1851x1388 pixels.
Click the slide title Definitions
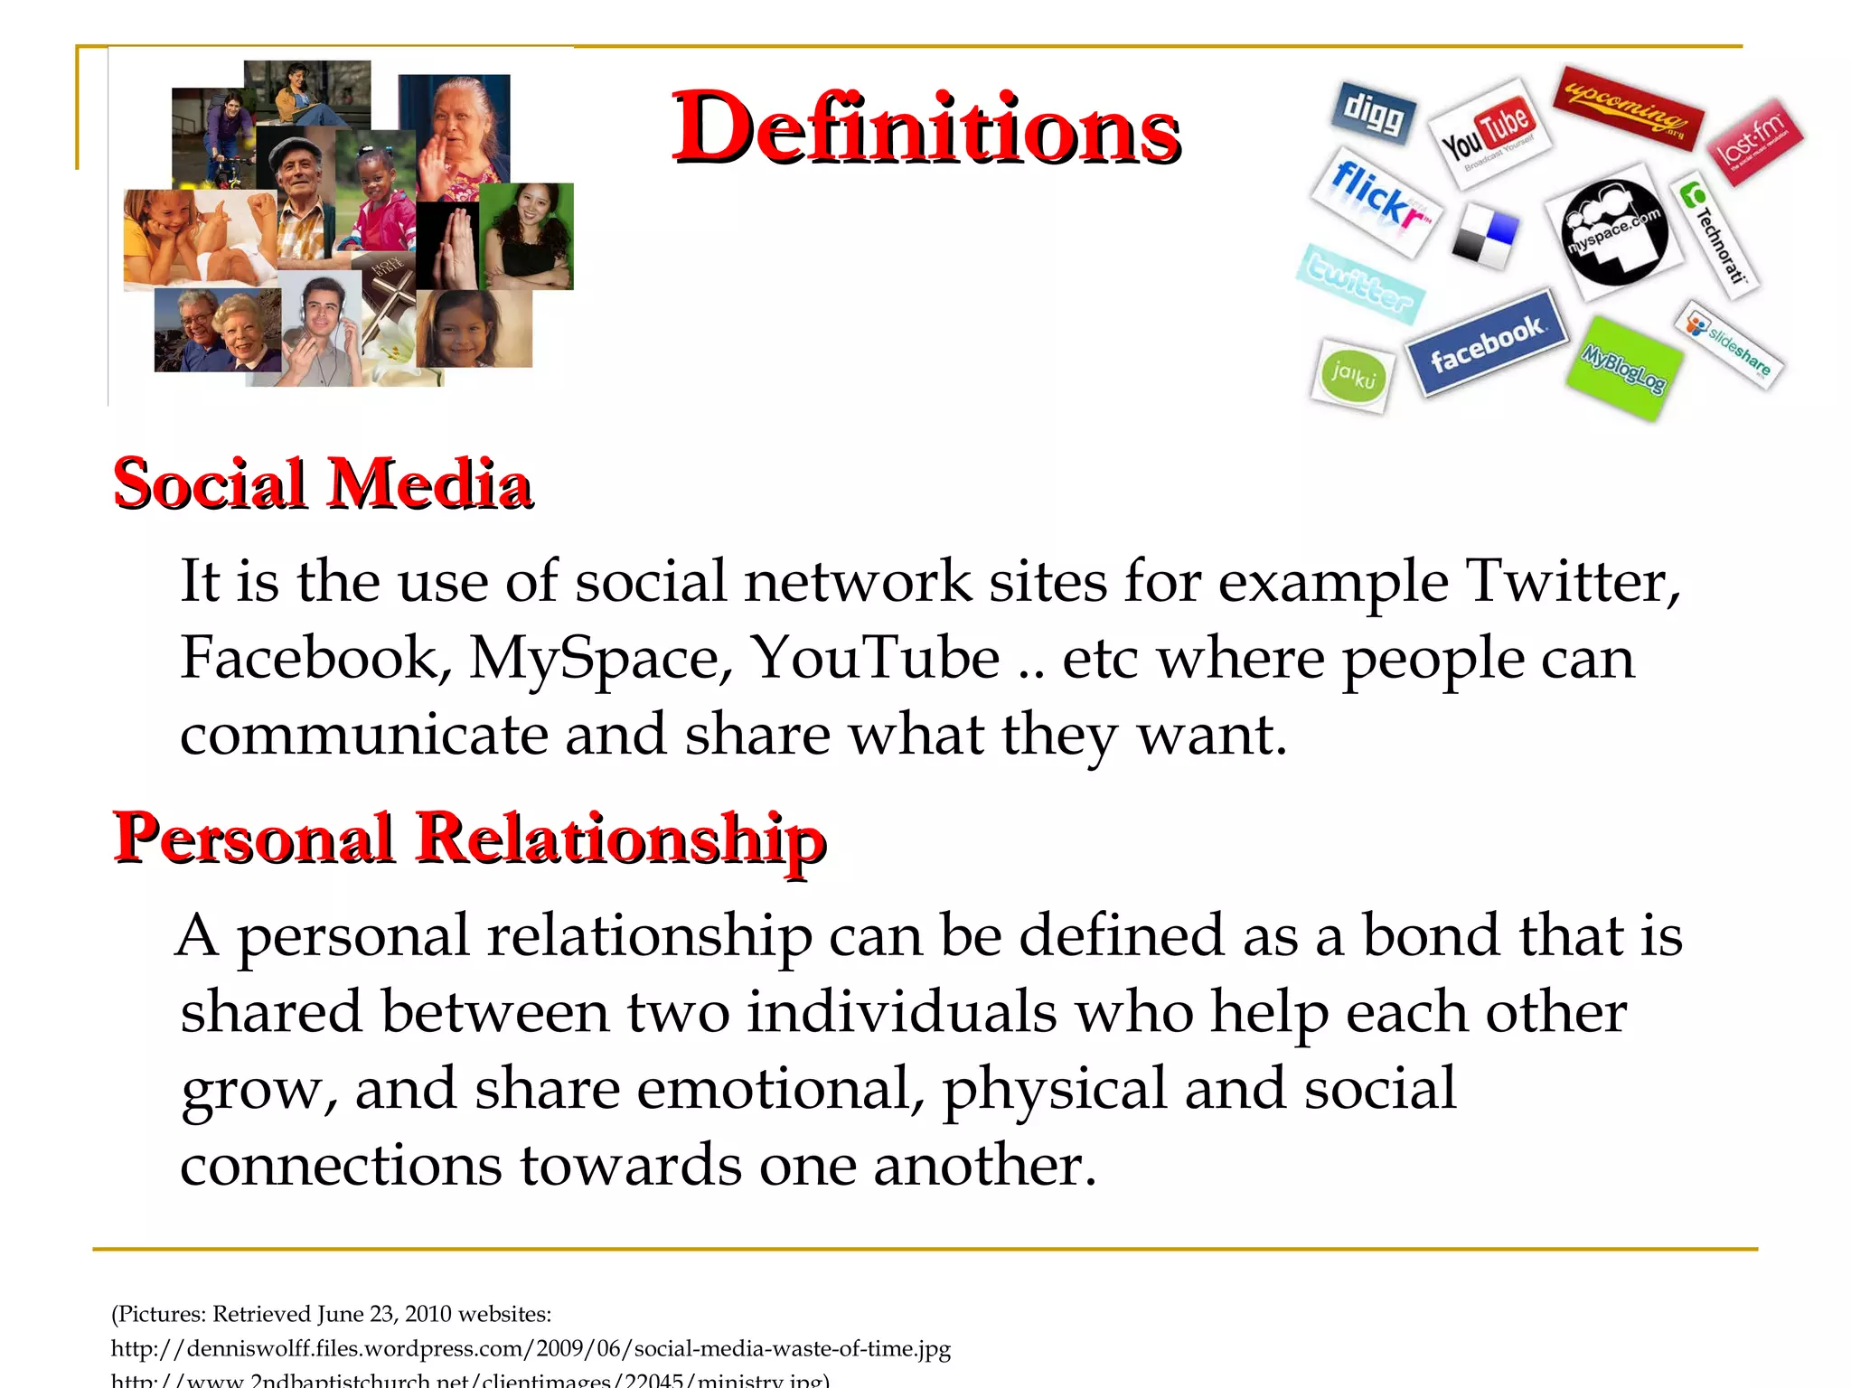(925, 129)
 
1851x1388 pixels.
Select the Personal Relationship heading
(469, 838)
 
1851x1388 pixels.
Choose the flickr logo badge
(1377, 201)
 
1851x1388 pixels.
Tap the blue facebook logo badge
(1487, 342)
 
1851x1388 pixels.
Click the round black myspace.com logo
(1614, 232)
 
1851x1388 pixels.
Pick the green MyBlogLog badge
(1624, 368)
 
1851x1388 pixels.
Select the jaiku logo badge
(1352, 375)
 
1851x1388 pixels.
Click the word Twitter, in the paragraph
(1573, 581)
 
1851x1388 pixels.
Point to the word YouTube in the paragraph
(876, 658)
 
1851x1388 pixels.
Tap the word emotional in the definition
(781, 1089)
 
